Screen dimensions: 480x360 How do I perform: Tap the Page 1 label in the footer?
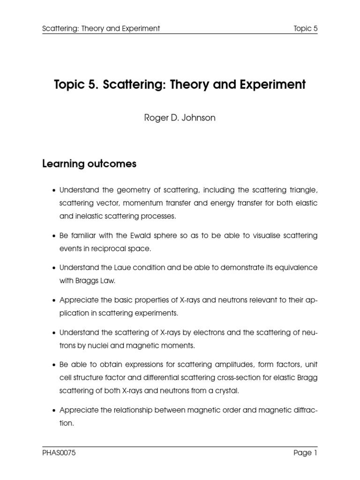305,453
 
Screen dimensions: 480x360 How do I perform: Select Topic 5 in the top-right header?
306,29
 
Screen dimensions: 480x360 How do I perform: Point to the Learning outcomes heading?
89,164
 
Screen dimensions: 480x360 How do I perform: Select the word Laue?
120,268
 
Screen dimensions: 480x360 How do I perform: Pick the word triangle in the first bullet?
301,190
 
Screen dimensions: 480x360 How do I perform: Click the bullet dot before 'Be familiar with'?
54,236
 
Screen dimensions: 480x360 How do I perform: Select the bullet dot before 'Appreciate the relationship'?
54,411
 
